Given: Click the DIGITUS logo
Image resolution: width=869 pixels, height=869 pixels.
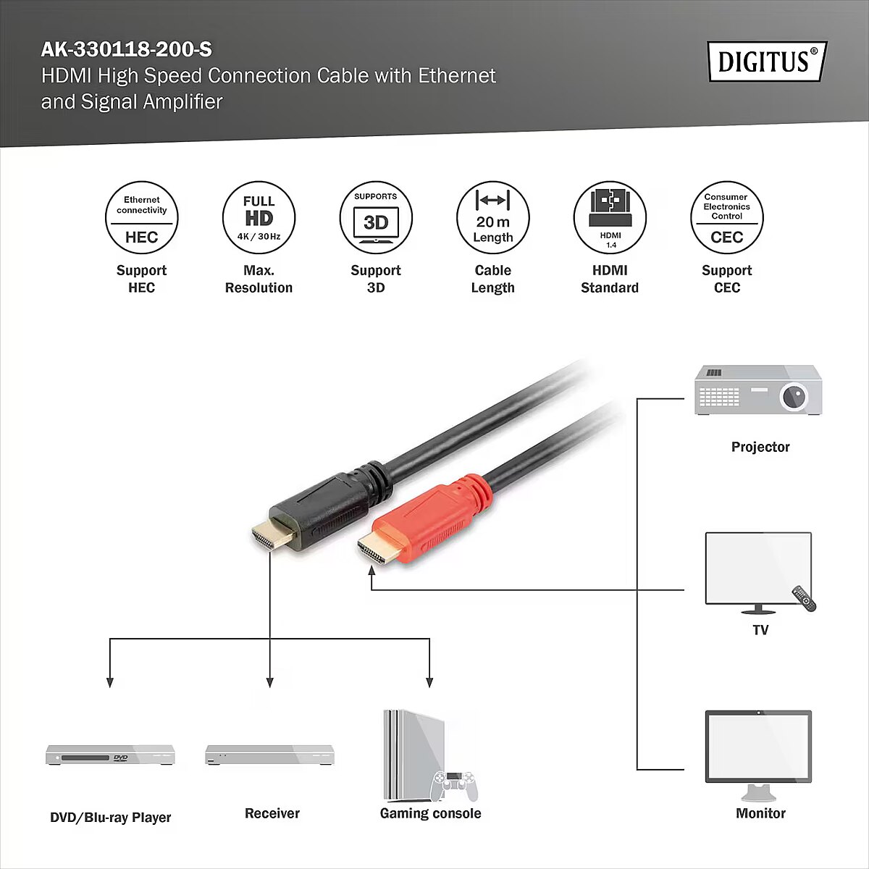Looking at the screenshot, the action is coord(768,62).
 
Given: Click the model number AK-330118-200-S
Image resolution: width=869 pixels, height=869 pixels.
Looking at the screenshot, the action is coord(126,50).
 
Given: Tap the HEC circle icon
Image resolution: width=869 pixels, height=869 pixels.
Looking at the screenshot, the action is coord(142,217).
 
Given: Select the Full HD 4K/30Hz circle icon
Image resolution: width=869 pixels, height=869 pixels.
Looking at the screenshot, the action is coord(259,217).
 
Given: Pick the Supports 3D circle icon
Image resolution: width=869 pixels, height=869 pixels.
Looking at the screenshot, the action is coord(376,217).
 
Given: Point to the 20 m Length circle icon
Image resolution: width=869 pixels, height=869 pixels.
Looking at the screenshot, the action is coord(493,217).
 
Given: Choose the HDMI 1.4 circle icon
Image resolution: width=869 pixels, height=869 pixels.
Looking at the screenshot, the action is coord(610,217).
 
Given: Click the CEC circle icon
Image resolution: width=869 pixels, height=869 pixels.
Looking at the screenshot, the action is coord(727,217).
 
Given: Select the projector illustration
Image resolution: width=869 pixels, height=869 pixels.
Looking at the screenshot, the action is coord(758,390).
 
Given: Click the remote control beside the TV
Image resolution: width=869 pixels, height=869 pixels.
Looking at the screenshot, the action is coord(804,598).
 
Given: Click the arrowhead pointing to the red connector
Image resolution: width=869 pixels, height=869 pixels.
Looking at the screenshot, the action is coord(371,571).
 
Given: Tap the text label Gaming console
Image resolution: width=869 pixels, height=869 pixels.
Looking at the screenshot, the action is coord(430,813).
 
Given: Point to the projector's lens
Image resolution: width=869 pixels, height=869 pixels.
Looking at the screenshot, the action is coord(793,396).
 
